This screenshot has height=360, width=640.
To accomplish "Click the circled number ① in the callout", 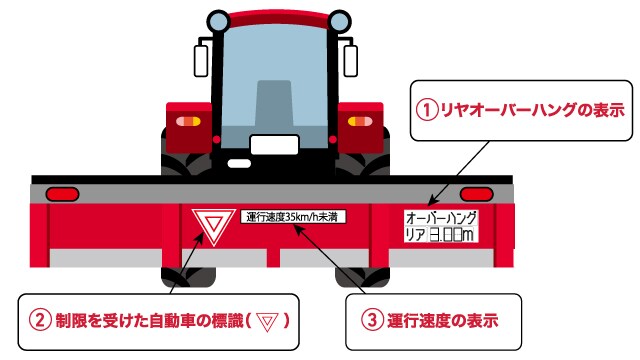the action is coord(427,111).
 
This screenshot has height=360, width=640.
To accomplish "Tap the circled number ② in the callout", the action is coord(40,321).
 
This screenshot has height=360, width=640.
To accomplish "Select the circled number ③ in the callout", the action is coord(372,320).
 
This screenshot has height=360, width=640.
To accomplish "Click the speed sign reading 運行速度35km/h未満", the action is coord(293,216).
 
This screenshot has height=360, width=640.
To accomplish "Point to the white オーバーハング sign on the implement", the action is coord(441,226).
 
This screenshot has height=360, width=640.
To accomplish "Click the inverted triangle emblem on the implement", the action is coord(213,226).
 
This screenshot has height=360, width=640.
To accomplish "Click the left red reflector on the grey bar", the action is coord(62,194).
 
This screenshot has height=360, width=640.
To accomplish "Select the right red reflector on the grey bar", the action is coord(476,194).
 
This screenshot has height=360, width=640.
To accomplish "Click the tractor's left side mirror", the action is coord(201,61).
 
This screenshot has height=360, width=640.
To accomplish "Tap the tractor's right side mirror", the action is coord(351,61).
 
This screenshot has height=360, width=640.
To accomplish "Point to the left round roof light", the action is coord(218,20).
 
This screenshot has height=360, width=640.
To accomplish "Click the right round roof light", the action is coord(340,20).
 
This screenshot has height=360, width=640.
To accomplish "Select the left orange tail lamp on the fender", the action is coord(188,121).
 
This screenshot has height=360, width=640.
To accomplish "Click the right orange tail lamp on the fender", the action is coord(360,121).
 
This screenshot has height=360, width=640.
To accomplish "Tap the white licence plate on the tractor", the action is coord(274,145).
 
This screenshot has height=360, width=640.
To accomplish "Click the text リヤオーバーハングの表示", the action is coord(533,111).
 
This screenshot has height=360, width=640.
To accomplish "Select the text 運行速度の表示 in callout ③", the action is coord(443,320).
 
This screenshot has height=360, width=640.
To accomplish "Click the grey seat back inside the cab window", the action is coord(274,103).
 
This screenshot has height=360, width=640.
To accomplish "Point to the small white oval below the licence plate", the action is coord(239,164).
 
